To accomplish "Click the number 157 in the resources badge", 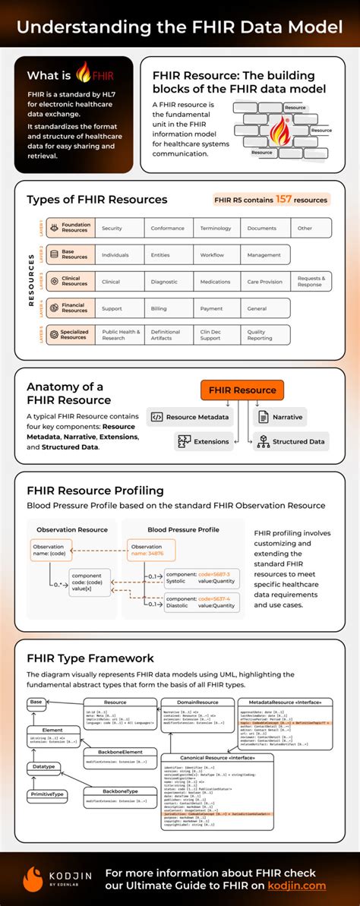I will [x=285, y=200].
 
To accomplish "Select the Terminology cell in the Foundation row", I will [x=216, y=228].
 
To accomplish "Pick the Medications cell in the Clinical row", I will [x=216, y=282].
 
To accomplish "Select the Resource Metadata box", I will [x=191, y=417].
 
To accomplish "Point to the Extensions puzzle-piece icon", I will [x=183, y=441].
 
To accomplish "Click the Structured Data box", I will [x=291, y=441].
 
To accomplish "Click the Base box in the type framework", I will [x=36, y=702].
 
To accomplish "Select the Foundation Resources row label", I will [x=74, y=228].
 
